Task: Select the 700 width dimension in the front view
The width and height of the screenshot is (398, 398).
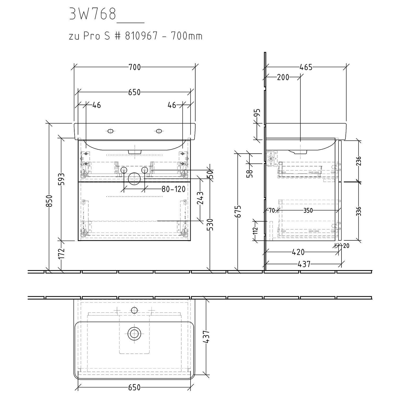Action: tap(135, 67)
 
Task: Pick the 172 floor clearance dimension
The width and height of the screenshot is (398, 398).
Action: tap(61, 254)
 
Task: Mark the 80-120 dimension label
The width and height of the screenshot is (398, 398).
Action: tap(173, 189)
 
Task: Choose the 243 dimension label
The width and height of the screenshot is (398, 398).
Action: tap(200, 198)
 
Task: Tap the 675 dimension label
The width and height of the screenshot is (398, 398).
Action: tap(239, 211)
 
